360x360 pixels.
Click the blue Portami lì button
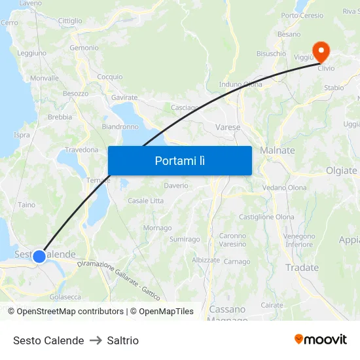pyautogui.click(x=179, y=160)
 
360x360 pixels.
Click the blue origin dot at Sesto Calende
pyautogui.click(x=39, y=256)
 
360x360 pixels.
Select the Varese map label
pyautogui.click(x=228, y=127)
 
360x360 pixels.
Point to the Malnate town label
pyautogui.click(x=278, y=151)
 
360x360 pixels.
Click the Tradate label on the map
pyautogui.click(x=302, y=267)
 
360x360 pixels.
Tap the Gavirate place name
pyautogui.click(x=124, y=98)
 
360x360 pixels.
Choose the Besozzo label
pyautogui.click(x=75, y=94)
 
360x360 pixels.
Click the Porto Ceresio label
pyautogui.click(x=302, y=16)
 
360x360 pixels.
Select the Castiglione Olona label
pyautogui.click(x=266, y=217)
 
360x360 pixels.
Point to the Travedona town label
pyautogui.click(x=81, y=150)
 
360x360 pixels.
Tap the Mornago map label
pyautogui.click(x=157, y=228)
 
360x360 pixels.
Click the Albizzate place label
pyautogui.click(x=206, y=260)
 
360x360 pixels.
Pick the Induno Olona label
pyautogui.click(x=240, y=84)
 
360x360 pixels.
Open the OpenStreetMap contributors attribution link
pyautogui.click(x=70, y=312)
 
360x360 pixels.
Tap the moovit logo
pyautogui.click(x=321, y=339)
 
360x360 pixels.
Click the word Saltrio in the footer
pyautogui.click(x=123, y=340)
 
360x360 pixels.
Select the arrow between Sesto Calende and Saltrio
pyautogui.click(x=96, y=340)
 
